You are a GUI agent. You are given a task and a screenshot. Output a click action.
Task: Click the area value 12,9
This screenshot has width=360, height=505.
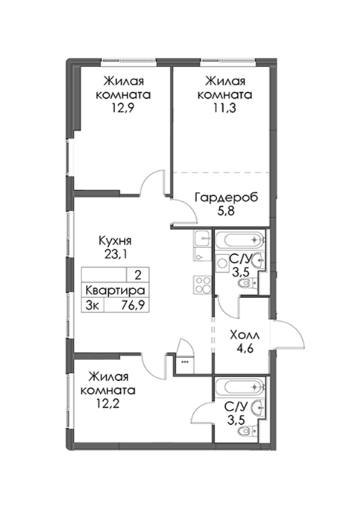pos(123,108)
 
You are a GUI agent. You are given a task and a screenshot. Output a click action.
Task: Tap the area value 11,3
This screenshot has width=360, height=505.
pos(225,108)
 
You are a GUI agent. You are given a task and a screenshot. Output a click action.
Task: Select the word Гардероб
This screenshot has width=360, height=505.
pos(227,198)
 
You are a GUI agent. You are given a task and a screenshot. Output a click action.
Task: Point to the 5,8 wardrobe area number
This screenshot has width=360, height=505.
pos(226,211)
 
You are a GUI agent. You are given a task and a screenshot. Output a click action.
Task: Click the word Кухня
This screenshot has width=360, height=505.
pos(115,241)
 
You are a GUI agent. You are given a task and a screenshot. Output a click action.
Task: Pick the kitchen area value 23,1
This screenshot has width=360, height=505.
pos(115,255)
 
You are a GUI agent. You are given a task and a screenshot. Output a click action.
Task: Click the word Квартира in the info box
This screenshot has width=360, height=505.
pos(115,291)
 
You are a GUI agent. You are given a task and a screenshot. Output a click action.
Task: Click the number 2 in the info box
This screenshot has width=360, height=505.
pos(138,276)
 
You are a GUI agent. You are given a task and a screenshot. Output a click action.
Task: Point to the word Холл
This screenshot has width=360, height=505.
pos(245,335)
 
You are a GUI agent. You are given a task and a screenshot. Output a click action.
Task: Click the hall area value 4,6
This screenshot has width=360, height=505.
pos(245,348)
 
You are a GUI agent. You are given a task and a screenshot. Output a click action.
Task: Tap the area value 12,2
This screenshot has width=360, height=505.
pos(108,403)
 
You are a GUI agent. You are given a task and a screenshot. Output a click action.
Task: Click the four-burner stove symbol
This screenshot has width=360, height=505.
pos(202,285)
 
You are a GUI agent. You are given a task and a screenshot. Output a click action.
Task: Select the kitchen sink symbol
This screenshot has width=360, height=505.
pos(202,240)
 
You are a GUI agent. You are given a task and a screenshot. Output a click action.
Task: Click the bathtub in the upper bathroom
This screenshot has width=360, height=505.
pos(240,240)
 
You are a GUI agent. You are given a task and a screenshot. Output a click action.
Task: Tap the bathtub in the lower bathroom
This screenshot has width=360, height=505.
pos(240,387)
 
